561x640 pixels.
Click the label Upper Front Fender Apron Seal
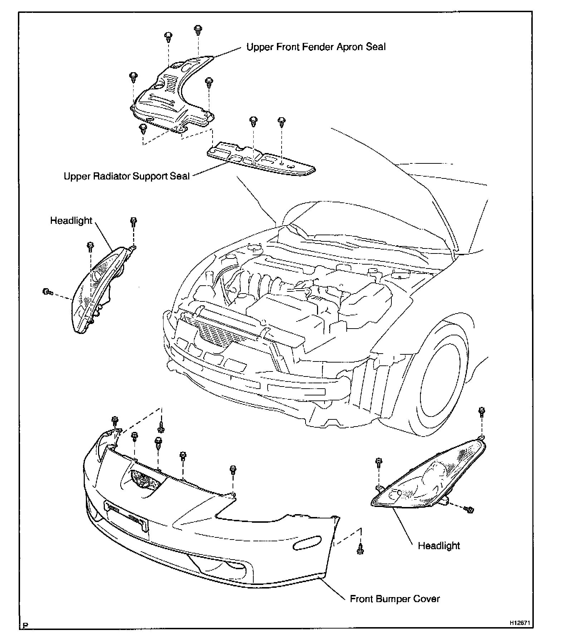point(316,47)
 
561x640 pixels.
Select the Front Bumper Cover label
point(395,599)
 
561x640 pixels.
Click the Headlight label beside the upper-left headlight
point(71,221)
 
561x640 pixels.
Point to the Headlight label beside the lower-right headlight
point(439,546)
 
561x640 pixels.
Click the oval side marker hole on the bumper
point(307,543)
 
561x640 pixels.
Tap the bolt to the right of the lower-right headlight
point(469,509)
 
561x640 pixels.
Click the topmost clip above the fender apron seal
point(197,30)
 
